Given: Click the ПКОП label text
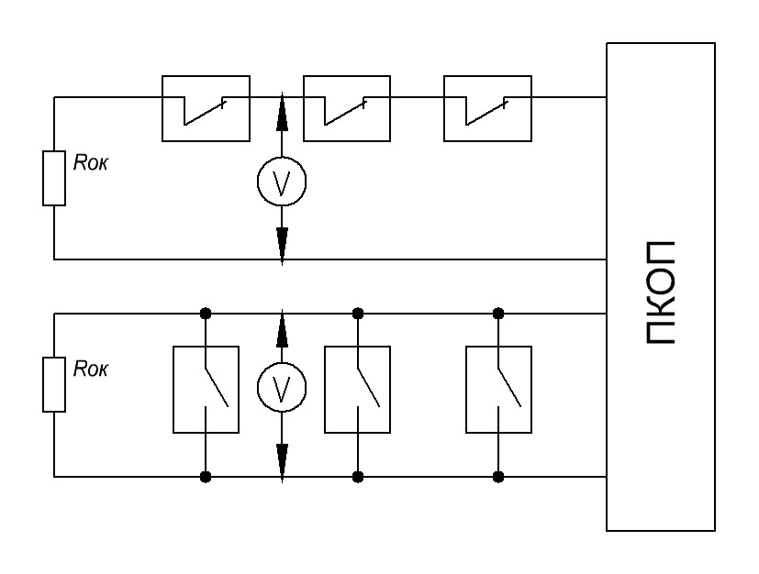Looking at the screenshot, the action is click(661, 293).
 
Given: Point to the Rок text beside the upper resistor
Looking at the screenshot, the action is click(91, 163).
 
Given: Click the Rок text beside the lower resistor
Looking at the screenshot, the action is click(91, 370).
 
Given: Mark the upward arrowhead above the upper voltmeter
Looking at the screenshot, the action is click(282, 116).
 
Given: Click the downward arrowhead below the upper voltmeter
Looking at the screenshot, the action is click(282, 245).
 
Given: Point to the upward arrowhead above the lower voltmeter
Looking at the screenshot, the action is click(282, 331).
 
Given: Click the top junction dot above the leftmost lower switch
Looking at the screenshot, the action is click(206, 314).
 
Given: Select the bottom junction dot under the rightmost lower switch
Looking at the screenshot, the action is click(498, 478).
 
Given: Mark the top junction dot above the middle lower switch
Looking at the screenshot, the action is click(358, 314).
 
